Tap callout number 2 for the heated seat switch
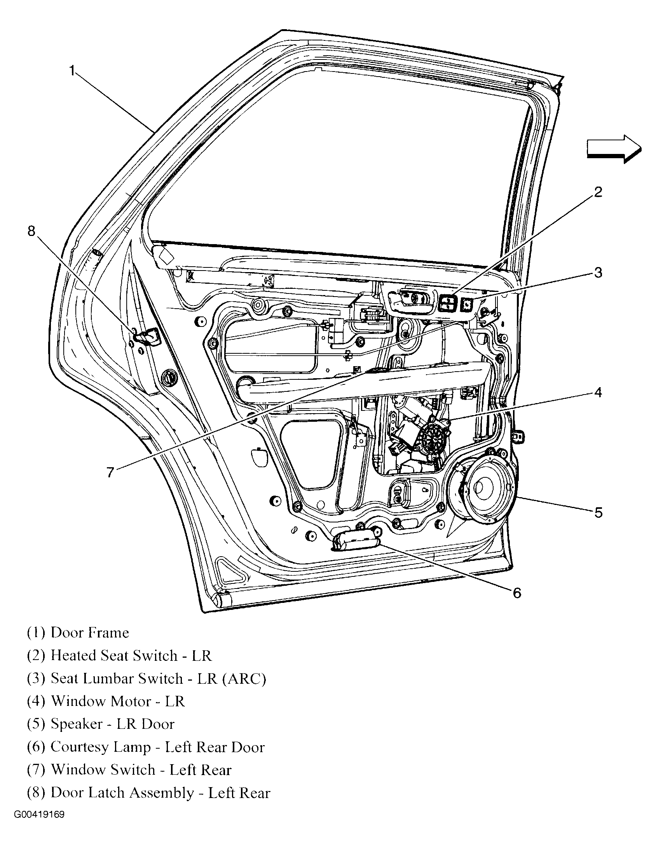598,192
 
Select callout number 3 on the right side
598,272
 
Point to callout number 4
598,393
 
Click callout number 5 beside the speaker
598,513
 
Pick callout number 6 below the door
516,593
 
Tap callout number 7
110,472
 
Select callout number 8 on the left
31,231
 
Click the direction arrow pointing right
613,149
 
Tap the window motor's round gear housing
433,440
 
